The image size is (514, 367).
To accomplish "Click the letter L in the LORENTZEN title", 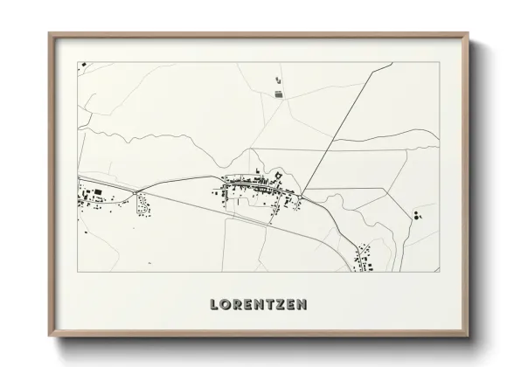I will click(x=215, y=305).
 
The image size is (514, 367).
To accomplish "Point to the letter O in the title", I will click(x=226, y=305).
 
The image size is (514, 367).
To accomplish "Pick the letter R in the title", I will click(x=238, y=305).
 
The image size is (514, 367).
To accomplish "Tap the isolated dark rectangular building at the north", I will click(x=280, y=92).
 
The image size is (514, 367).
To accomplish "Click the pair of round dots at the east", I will click(x=418, y=215).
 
